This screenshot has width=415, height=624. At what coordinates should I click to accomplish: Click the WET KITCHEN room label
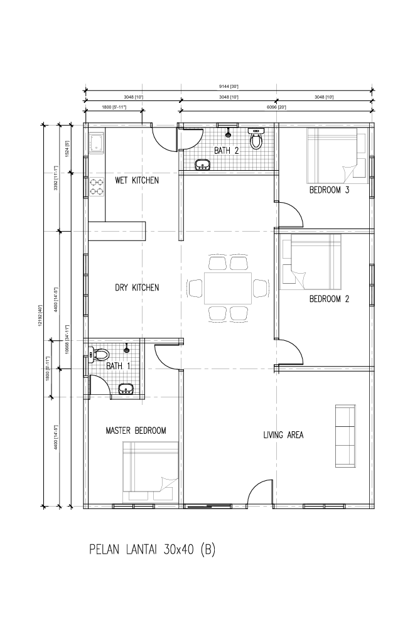(x=136, y=180)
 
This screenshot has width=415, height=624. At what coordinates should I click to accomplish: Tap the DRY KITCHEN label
(x=137, y=288)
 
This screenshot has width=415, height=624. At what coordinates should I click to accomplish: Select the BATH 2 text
(x=227, y=151)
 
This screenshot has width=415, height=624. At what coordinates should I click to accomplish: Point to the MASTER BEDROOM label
(x=136, y=430)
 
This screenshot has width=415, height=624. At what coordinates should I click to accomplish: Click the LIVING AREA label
(x=283, y=434)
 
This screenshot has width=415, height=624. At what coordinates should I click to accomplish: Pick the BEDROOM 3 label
(x=330, y=190)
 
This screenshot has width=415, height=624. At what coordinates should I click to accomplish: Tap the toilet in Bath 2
(x=256, y=138)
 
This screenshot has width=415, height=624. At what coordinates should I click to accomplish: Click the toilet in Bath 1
(x=99, y=354)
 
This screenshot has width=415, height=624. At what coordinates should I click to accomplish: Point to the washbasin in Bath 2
(x=203, y=164)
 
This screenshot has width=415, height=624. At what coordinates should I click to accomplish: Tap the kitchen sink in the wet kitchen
(x=96, y=143)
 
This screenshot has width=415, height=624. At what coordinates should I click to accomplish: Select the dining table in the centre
(x=228, y=288)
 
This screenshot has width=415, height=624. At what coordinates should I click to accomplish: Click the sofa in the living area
(x=345, y=436)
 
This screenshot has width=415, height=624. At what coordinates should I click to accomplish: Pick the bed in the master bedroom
(x=150, y=472)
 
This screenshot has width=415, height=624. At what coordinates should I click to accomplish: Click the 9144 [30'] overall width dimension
(x=229, y=87)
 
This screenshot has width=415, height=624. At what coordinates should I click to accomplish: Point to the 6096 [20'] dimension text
(x=276, y=107)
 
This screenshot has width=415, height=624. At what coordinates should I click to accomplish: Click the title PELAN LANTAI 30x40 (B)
(x=153, y=550)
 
